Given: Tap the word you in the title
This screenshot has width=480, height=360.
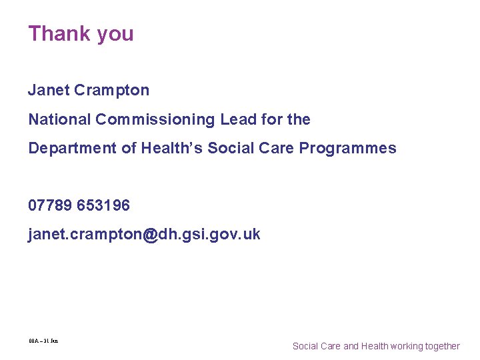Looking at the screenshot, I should (115, 35).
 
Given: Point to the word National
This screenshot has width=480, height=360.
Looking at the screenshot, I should (59, 119).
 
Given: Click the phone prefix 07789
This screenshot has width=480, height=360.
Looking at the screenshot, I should (50, 206).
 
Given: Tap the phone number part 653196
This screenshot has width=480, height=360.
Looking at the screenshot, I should (103, 206).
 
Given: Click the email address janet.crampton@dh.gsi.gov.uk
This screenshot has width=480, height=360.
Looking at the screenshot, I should (144, 235).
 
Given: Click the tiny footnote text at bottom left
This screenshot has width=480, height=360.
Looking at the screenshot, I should (43, 341).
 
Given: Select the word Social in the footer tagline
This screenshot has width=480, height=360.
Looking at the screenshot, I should (306, 346).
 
